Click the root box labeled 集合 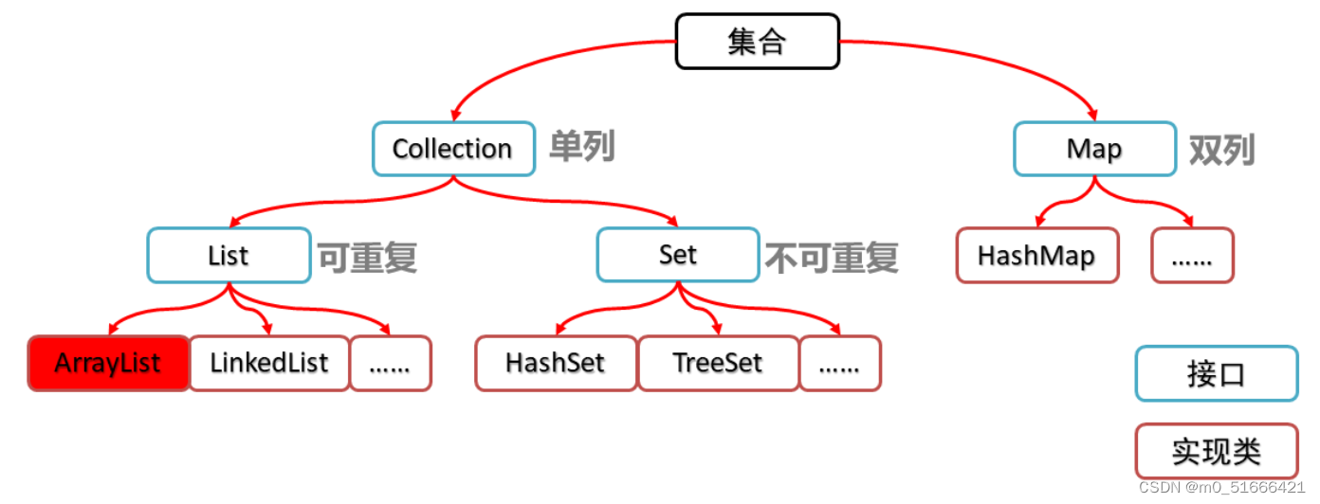(x=757, y=42)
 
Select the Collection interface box (x=452, y=149)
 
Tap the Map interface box (x=1094, y=149)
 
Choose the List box (x=229, y=255)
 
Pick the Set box (x=678, y=255)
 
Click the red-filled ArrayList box (x=108, y=363)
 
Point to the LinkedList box (x=269, y=363)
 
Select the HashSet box (x=556, y=363)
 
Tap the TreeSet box (x=718, y=363)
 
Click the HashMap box (x=1036, y=255)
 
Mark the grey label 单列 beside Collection (x=581, y=147)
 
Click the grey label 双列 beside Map (x=1222, y=149)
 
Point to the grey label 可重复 (x=367, y=256)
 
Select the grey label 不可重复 (x=832, y=256)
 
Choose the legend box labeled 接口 (x=1216, y=373)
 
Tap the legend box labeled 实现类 (x=1216, y=451)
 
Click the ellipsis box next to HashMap (x=1192, y=255)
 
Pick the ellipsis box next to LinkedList (x=390, y=363)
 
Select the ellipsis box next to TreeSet (x=839, y=363)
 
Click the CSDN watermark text (x=1221, y=487)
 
